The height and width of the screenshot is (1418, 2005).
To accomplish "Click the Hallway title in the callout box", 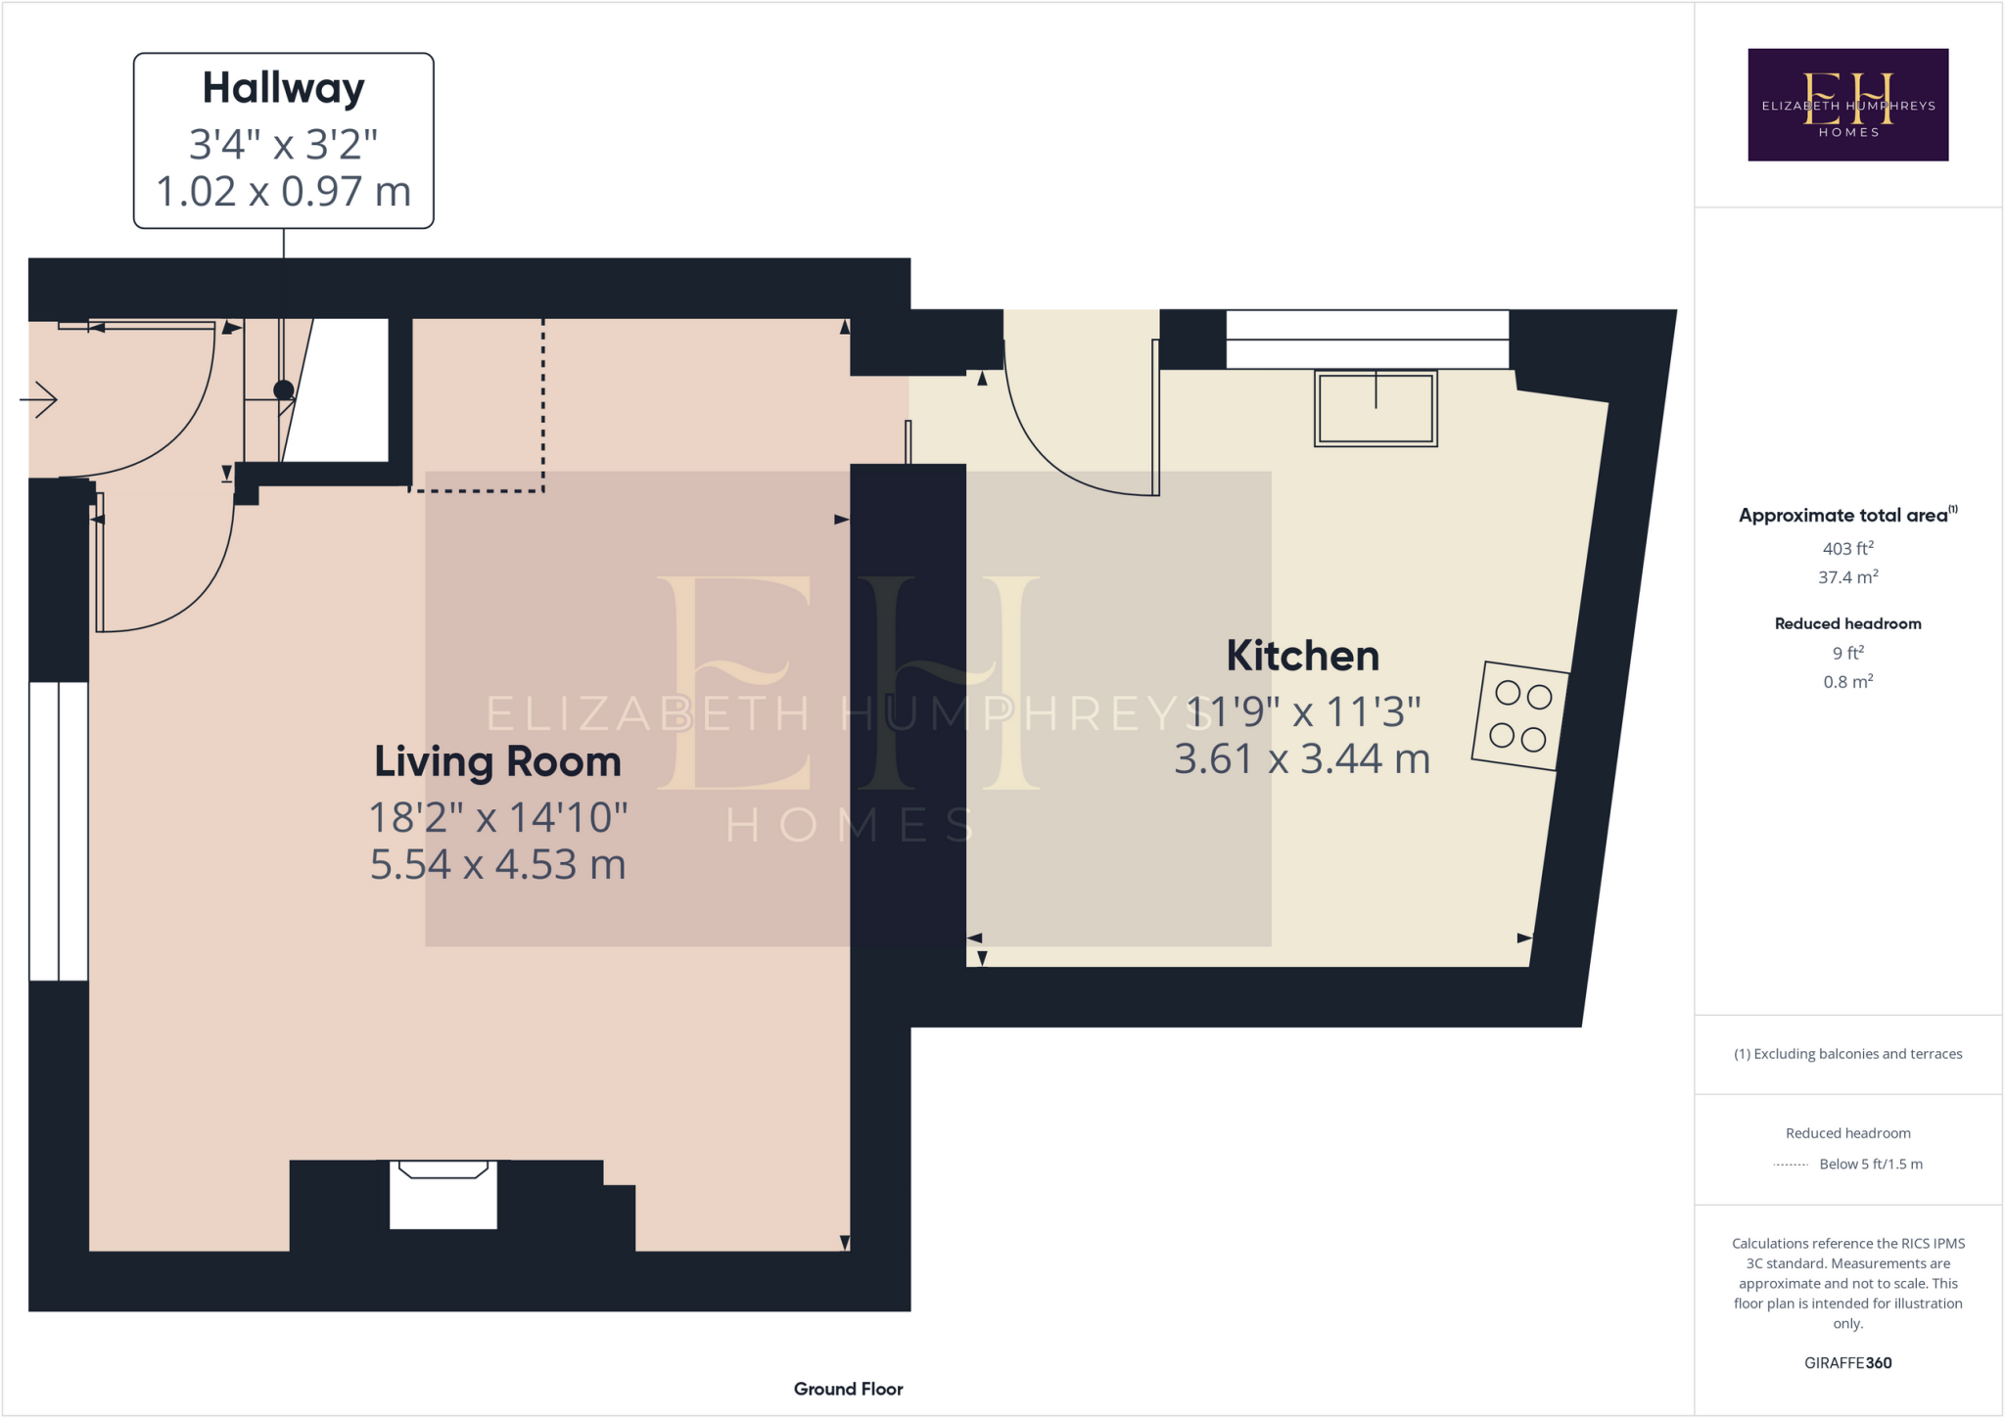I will point(283,88).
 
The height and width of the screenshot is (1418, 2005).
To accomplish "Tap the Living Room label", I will point(497,761).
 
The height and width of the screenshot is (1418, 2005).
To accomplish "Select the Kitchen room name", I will point(1302,656).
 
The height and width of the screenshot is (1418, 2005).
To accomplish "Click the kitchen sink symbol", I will point(1376,409).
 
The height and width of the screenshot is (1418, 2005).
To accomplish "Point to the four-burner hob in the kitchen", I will point(1519,715).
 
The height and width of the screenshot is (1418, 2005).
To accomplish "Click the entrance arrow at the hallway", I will point(39,399).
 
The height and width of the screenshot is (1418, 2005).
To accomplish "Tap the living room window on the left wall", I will point(59,831).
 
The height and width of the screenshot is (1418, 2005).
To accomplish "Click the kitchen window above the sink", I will point(1367,339).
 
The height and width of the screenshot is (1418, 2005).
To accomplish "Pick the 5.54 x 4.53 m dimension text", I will point(497,864).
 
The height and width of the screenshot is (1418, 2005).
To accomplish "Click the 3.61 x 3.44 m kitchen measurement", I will point(1302,759).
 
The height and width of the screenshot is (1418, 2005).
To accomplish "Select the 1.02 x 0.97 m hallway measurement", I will point(283,191).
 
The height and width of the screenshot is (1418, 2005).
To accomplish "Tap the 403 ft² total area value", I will point(1847,548).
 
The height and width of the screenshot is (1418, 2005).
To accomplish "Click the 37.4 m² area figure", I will point(1847,577).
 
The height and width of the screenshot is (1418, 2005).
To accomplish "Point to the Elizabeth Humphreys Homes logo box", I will point(1847,105).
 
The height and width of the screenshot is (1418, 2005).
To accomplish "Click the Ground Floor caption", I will point(848,1389).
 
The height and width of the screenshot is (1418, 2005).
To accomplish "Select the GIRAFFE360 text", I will point(1847,1362).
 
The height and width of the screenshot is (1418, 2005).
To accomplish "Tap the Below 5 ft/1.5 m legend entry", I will point(1870,1164).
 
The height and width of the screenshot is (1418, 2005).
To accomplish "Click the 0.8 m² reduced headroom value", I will point(1847,681).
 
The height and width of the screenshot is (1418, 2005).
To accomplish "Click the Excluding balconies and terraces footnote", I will point(1847,1054).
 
